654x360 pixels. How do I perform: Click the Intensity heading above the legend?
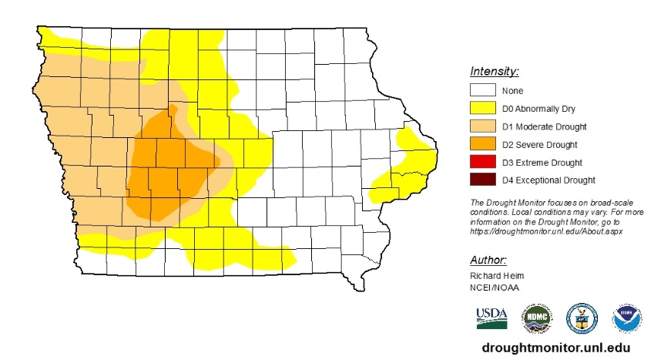coord(494,72)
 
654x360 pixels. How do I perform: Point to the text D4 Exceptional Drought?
coord(548,180)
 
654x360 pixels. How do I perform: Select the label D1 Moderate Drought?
coord(544,126)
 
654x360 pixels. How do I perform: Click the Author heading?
coord(488,260)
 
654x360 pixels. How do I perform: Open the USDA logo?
coord(491,317)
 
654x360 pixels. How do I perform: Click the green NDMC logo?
coord(538,318)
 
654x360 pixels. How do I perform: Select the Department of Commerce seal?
coord(581,318)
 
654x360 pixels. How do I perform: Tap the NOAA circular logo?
coord(626,318)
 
